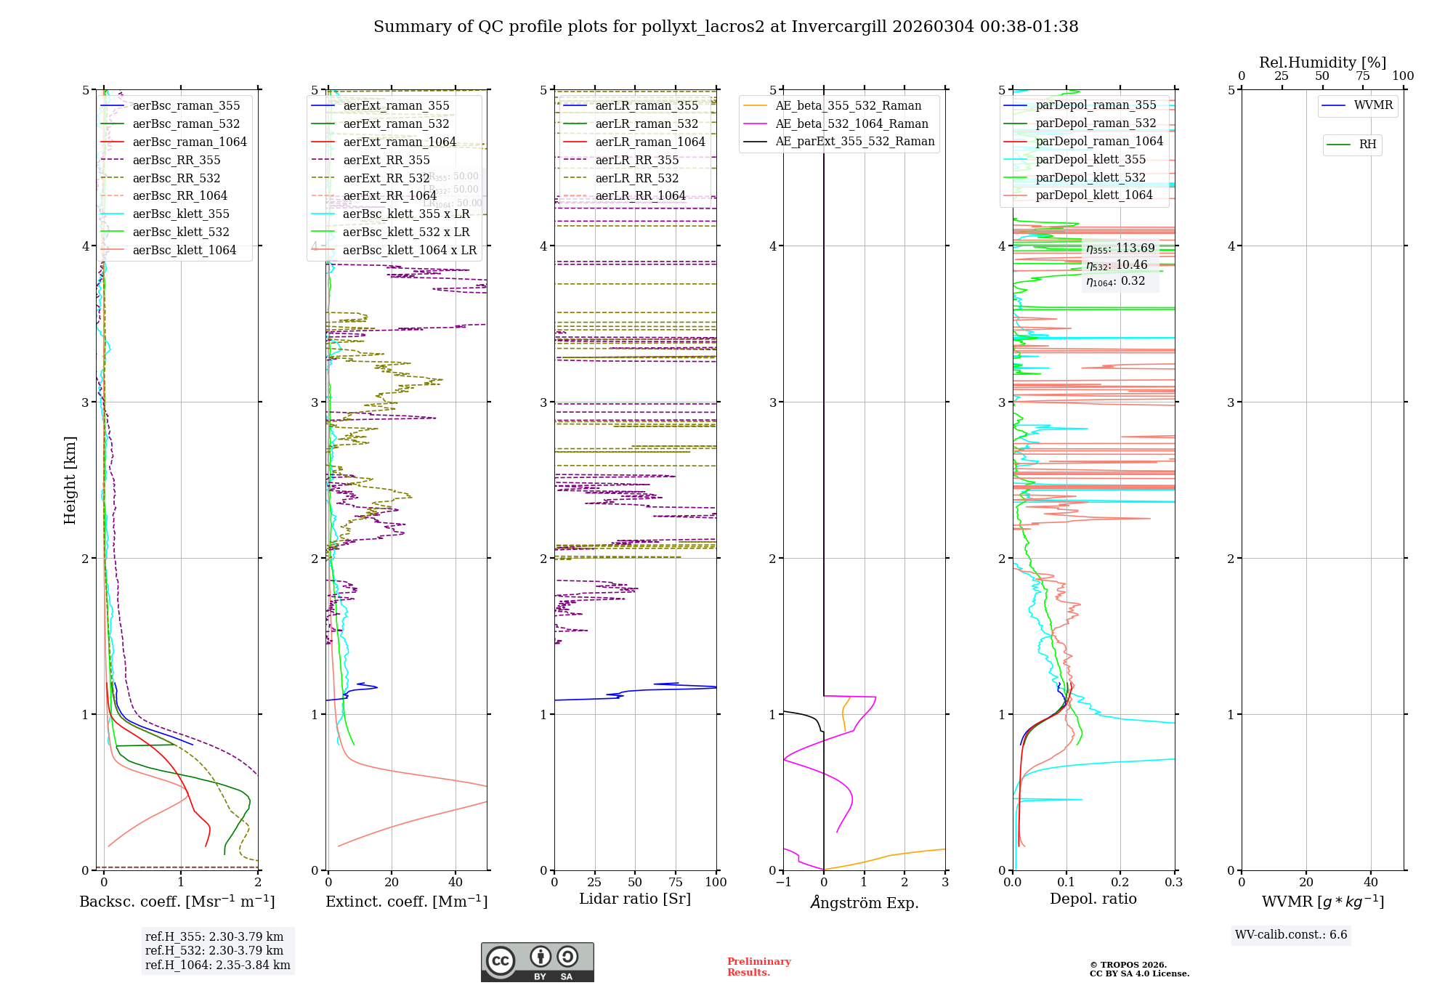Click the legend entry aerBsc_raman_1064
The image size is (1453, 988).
[x=189, y=142]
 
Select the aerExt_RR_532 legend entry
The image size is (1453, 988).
[x=386, y=179]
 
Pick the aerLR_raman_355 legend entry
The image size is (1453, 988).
[x=646, y=106]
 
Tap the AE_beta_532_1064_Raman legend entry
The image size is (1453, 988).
[x=851, y=124]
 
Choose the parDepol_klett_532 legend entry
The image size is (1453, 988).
[x=1090, y=178]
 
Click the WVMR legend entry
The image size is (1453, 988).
[x=1372, y=105]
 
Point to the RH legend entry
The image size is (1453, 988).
[x=1367, y=145]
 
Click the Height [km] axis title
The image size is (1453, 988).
[x=70, y=480]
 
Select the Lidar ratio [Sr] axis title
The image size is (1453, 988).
[x=634, y=899]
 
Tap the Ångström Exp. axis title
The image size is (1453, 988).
[x=864, y=903]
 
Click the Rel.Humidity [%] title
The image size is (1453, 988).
[x=1322, y=62]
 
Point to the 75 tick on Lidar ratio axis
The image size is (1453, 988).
[x=676, y=883]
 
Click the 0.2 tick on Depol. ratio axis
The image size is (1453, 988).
[x=1120, y=883]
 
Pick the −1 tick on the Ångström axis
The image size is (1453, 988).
[x=783, y=883]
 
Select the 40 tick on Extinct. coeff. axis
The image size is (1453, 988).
[x=456, y=883]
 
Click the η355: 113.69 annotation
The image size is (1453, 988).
[x=1120, y=248]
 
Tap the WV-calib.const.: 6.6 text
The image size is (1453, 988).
[x=1291, y=935]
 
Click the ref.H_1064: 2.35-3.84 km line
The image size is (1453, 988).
[x=217, y=965]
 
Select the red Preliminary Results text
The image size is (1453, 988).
[x=758, y=967]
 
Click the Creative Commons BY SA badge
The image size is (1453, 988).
[x=537, y=962]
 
